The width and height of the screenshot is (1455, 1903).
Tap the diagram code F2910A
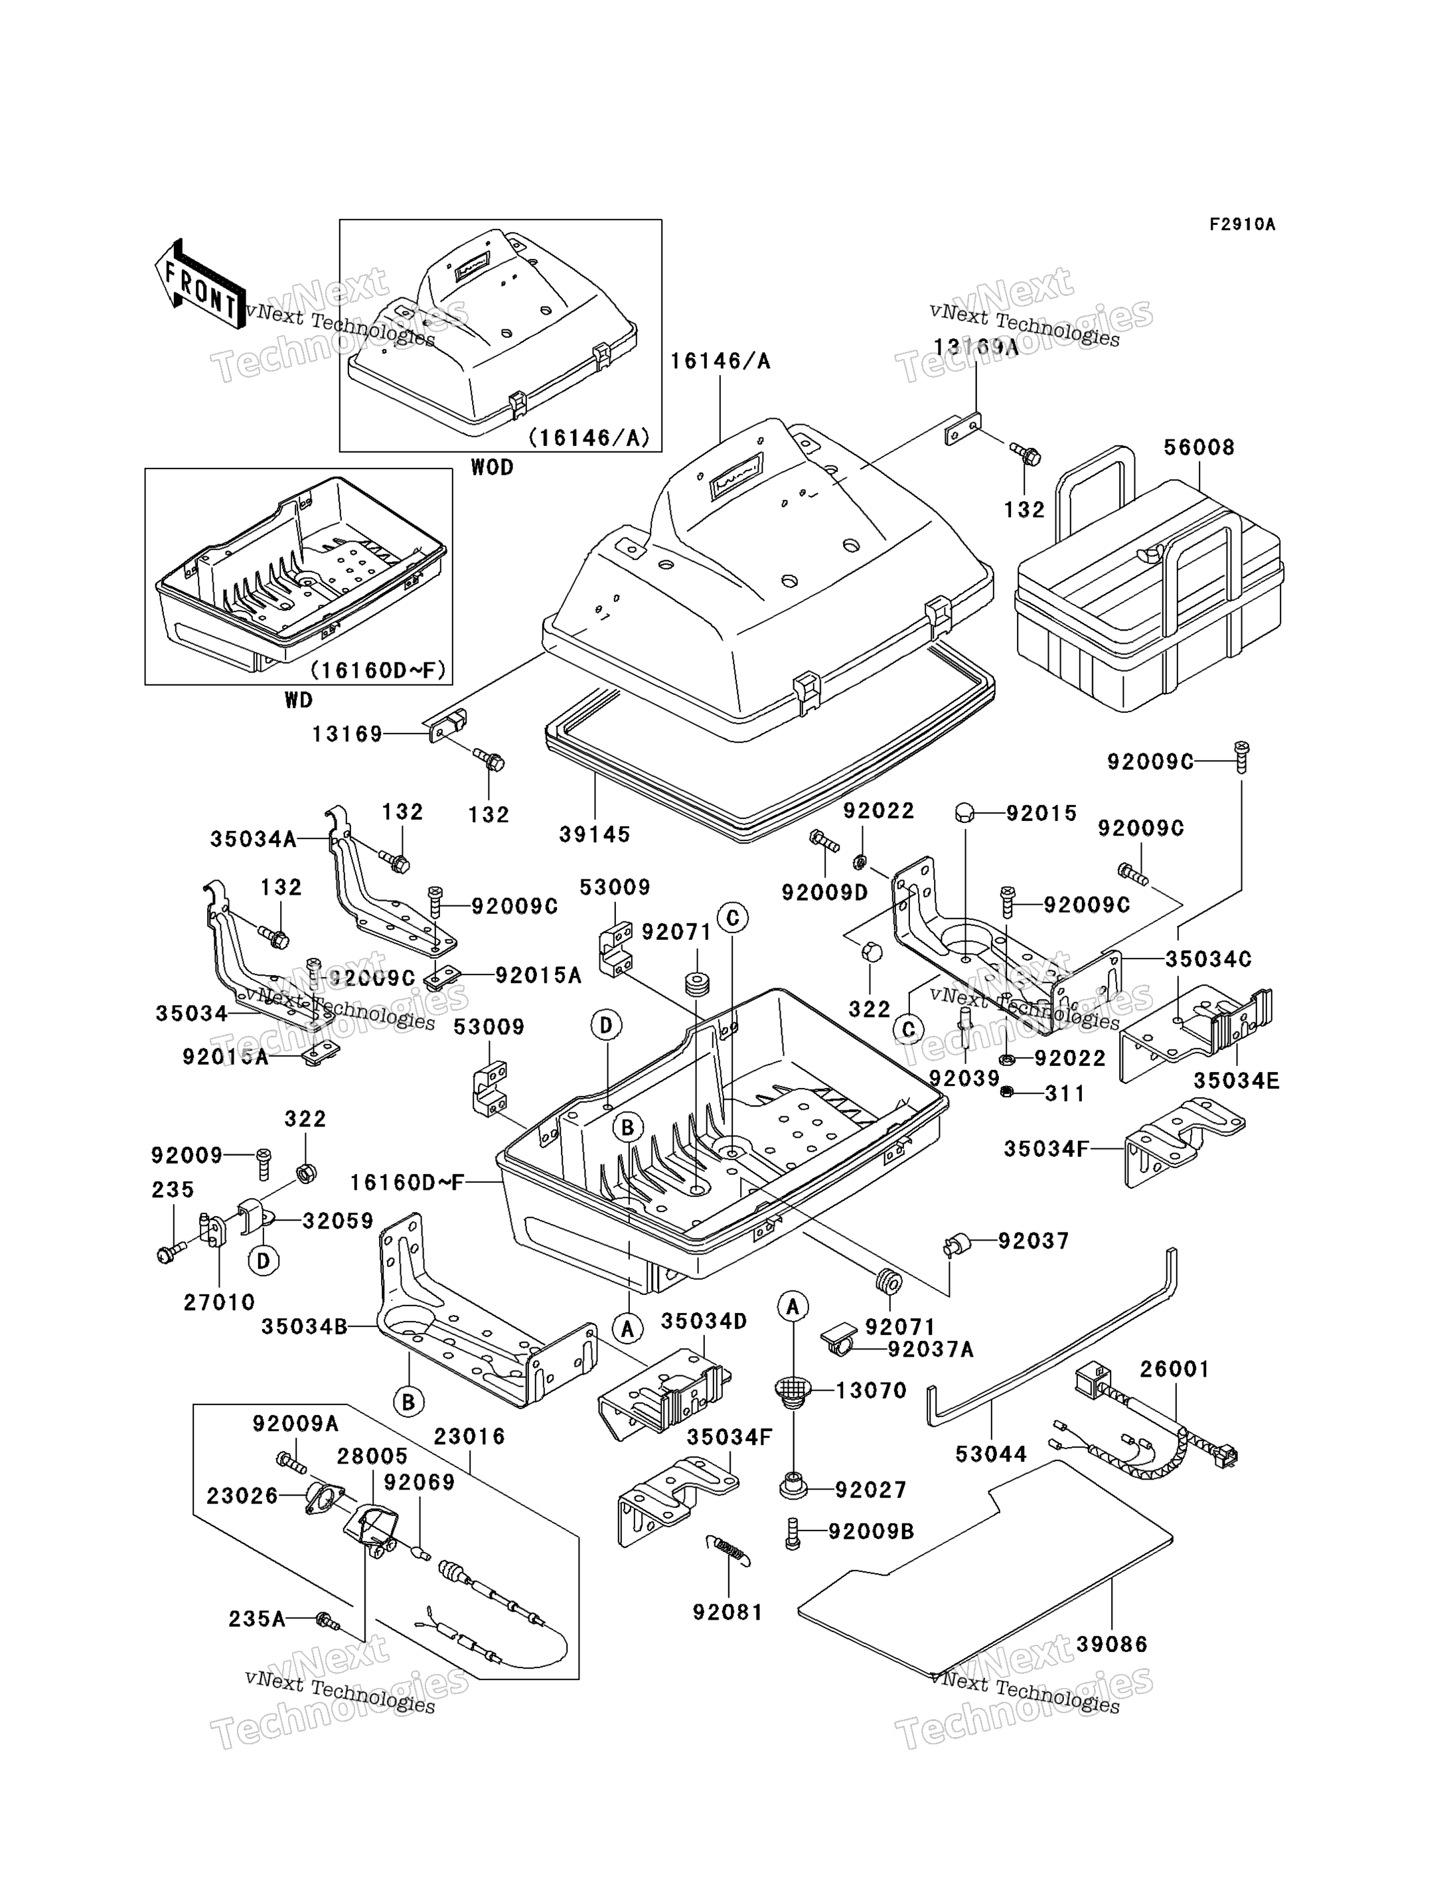[1242, 224]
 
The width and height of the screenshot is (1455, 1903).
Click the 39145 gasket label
[594, 834]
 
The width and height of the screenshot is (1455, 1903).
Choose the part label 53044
[991, 1454]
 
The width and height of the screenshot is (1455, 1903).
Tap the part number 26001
[1174, 1369]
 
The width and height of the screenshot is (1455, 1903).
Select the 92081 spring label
[727, 1612]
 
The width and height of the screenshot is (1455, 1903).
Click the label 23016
[469, 1436]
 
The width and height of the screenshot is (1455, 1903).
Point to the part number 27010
[219, 1302]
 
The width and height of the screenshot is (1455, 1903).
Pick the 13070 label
[872, 1390]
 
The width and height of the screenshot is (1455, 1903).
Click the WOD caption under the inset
[492, 468]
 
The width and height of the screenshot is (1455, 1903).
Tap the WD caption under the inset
[299, 700]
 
